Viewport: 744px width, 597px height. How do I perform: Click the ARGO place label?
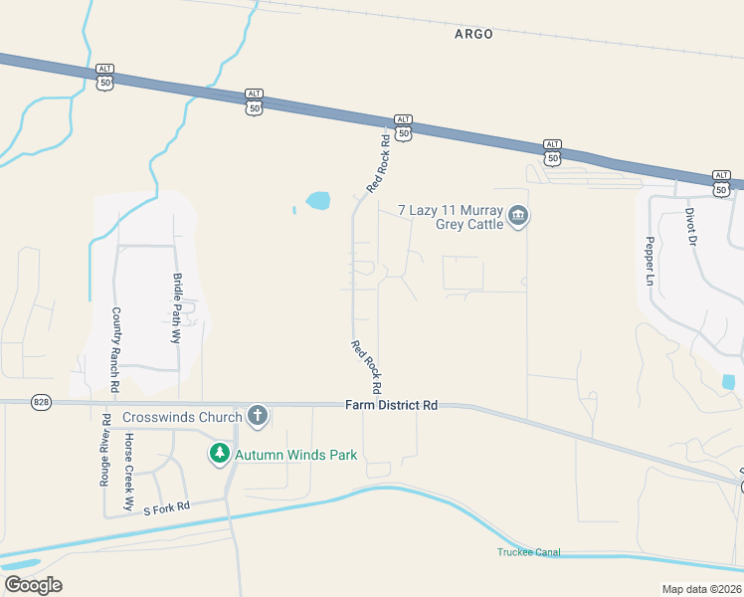click(x=473, y=34)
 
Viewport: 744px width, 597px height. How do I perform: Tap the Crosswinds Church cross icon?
click(x=257, y=416)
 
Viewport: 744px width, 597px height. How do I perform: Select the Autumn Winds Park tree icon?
click(x=219, y=455)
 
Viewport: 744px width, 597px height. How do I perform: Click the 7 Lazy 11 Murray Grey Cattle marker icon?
click(x=517, y=216)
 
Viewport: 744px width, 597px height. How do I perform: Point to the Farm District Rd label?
click(x=392, y=405)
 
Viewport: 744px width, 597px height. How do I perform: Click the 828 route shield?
click(x=40, y=401)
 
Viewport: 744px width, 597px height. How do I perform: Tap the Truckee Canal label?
click(x=529, y=552)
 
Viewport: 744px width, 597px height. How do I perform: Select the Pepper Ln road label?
click(x=650, y=262)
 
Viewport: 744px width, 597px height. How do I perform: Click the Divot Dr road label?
click(x=689, y=227)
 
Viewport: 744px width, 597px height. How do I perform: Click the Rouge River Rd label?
click(x=104, y=448)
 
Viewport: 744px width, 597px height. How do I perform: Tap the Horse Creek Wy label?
click(x=128, y=472)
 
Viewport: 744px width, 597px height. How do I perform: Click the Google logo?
click(x=33, y=585)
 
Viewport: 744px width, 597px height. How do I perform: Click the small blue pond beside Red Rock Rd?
click(x=317, y=201)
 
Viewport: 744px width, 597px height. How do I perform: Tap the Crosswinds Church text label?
click(x=182, y=417)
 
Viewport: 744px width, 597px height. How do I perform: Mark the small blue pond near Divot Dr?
click(x=729, y=381)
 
